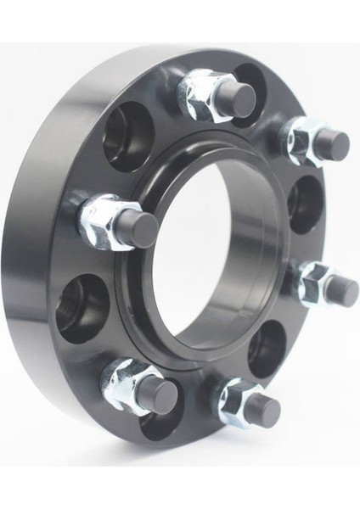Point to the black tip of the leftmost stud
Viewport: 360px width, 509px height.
[138, 228]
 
